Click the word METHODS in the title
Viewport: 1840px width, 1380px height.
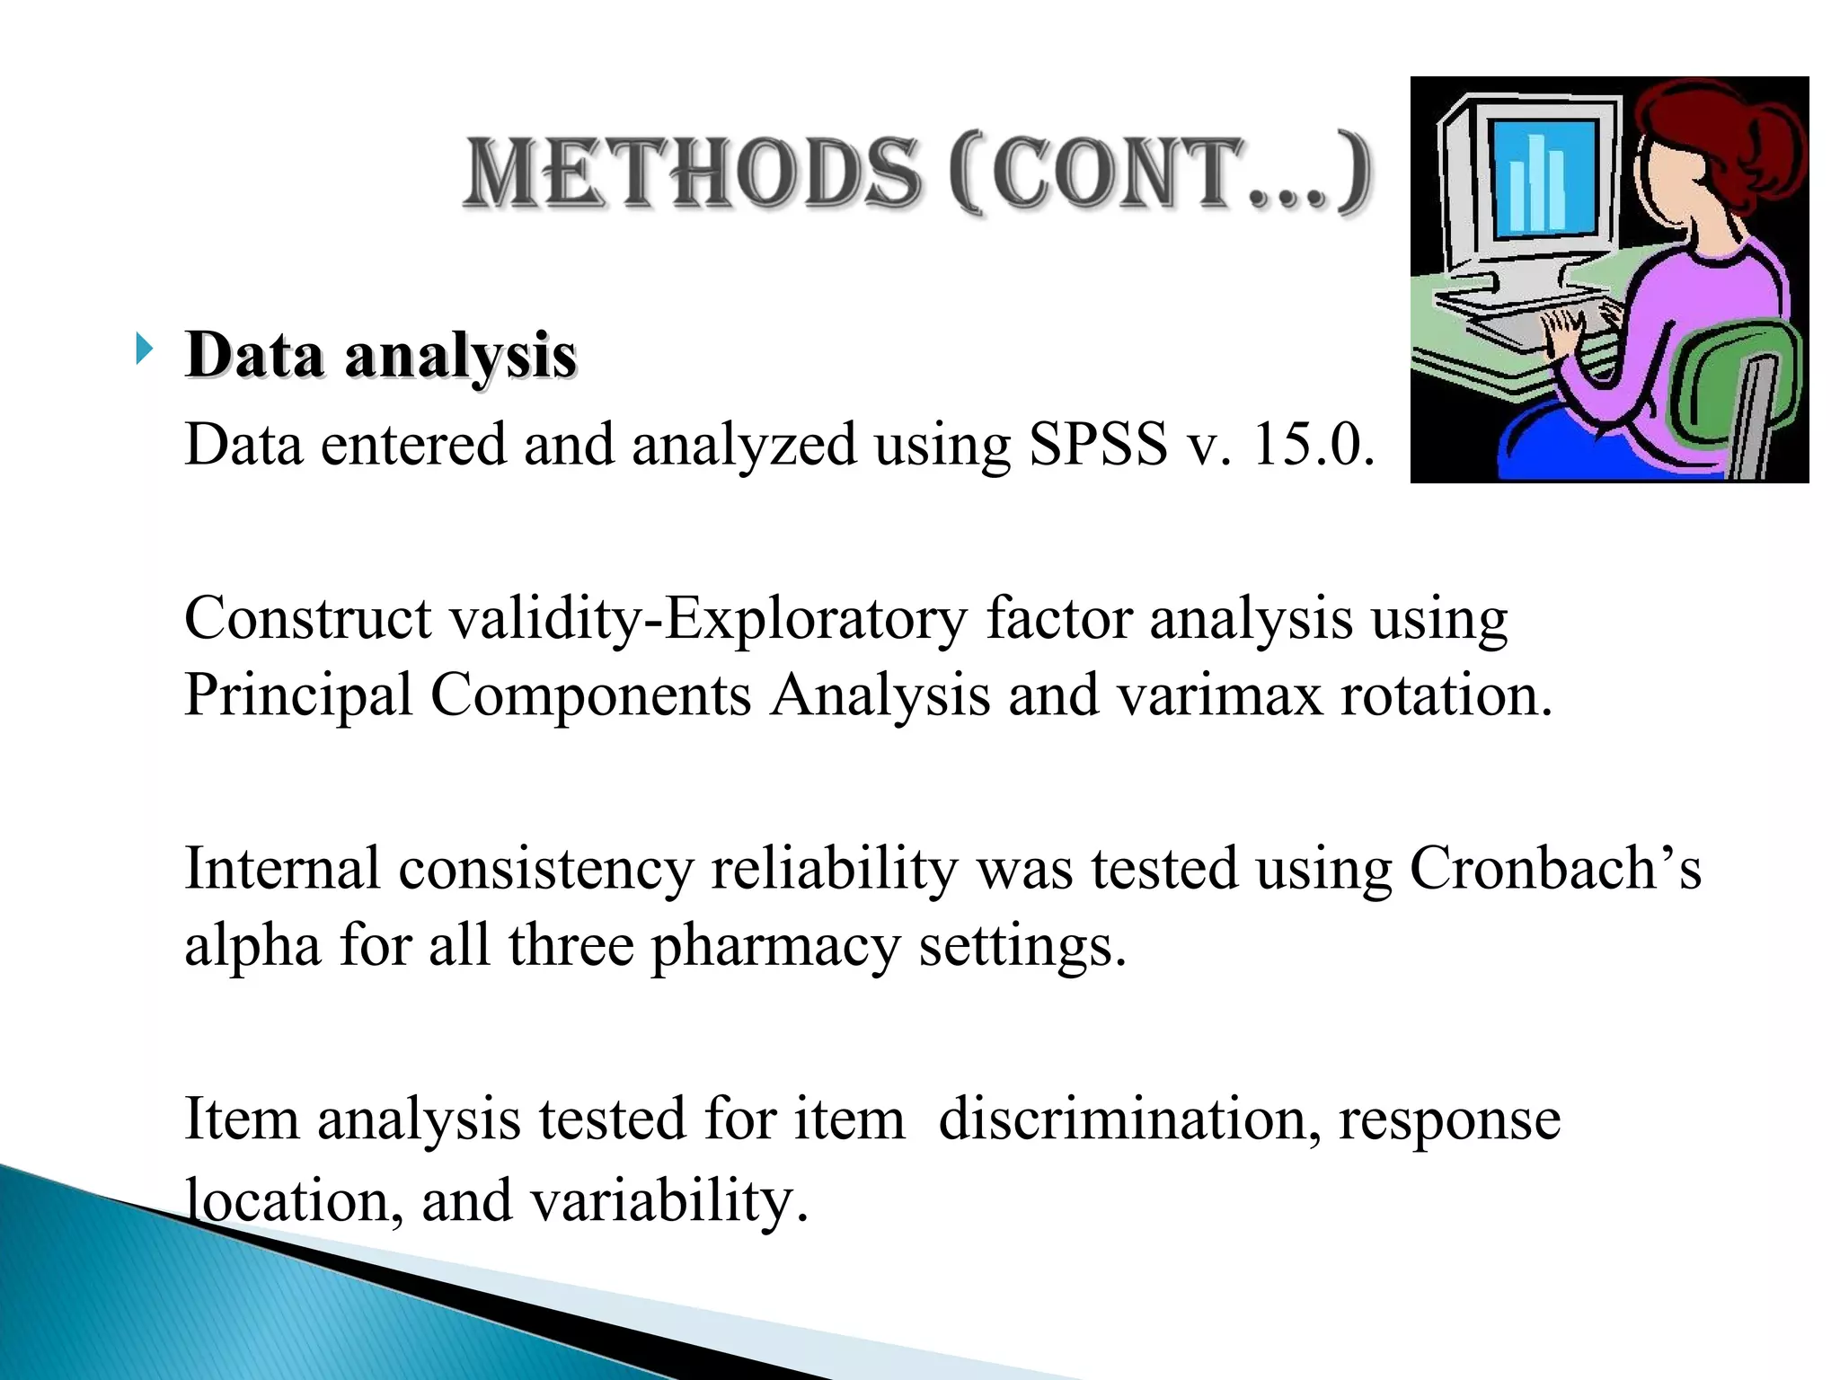[692, 172]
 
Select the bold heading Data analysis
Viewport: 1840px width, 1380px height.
[380, 355]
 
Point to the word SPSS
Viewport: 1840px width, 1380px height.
[1097, 444]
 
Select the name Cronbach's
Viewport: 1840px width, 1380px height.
[1554, 869]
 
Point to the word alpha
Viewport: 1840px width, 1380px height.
[252, 946]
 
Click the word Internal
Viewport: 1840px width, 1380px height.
[282, 869]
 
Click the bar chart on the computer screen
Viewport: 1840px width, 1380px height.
[1537, 180]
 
